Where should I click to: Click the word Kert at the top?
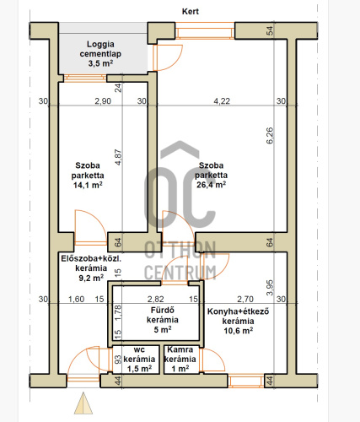coord(191,12)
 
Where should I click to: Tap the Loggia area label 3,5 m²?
coord(100,63)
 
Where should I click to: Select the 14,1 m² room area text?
coord(88,185)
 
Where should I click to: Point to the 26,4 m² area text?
coord(211,185)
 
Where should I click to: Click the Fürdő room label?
coord(163,311)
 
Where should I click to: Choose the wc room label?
coord(139,349)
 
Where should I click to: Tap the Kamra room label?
coord(180,349)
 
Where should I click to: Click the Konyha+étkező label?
coord(238,311)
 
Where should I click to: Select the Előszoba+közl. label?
coord(91,258)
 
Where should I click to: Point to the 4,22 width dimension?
coord(222,101)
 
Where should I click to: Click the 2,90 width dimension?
coord(103,101)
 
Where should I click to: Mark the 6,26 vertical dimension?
coord(270,136)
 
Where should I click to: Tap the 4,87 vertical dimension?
coord(118,157)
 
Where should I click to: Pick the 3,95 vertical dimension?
coord(270,288)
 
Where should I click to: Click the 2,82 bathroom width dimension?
coord(156,299)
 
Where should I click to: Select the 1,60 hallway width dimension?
coord(77,299)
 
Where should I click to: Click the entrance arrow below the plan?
coord(83,403)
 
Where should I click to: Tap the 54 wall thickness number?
coord(270,30)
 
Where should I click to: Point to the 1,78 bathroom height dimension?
coord(118,313)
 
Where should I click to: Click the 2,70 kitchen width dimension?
coord(245,299)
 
